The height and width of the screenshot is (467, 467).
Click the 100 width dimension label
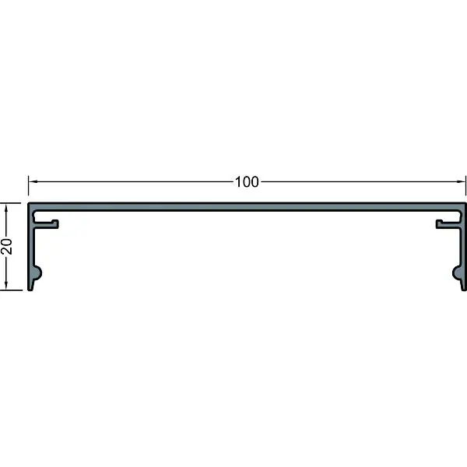tap(247, 182)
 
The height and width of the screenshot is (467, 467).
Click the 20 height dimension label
tap(7, 246)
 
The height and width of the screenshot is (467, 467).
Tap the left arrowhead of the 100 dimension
tap(33, 181)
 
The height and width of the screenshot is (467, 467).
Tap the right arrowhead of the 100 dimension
tap(462, 181)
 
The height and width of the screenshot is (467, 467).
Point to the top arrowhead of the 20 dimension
tap(6, 208)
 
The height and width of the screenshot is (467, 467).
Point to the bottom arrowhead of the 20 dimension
tap(6, 286)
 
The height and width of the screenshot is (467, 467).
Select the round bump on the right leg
tap(456, 273)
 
